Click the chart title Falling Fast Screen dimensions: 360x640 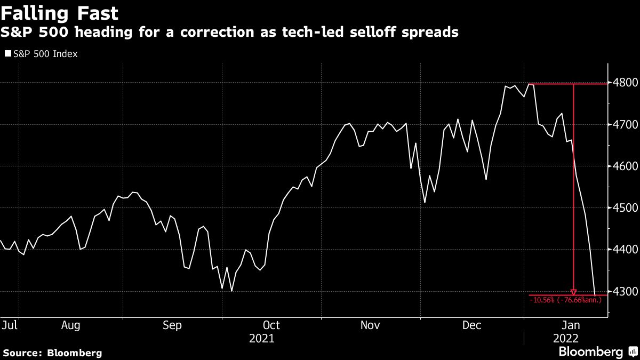pos(60,13)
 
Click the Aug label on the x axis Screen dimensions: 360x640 pos(70,325)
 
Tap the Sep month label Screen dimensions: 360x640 pos(172,325)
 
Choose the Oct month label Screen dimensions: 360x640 pos(271,325)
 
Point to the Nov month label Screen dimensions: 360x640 pos(370,325)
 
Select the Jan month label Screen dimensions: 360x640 pos(571,325)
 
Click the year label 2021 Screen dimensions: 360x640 pos(261,339)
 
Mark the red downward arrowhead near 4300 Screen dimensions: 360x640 pos(573,292)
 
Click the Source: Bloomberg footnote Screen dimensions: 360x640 pos(52,353)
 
